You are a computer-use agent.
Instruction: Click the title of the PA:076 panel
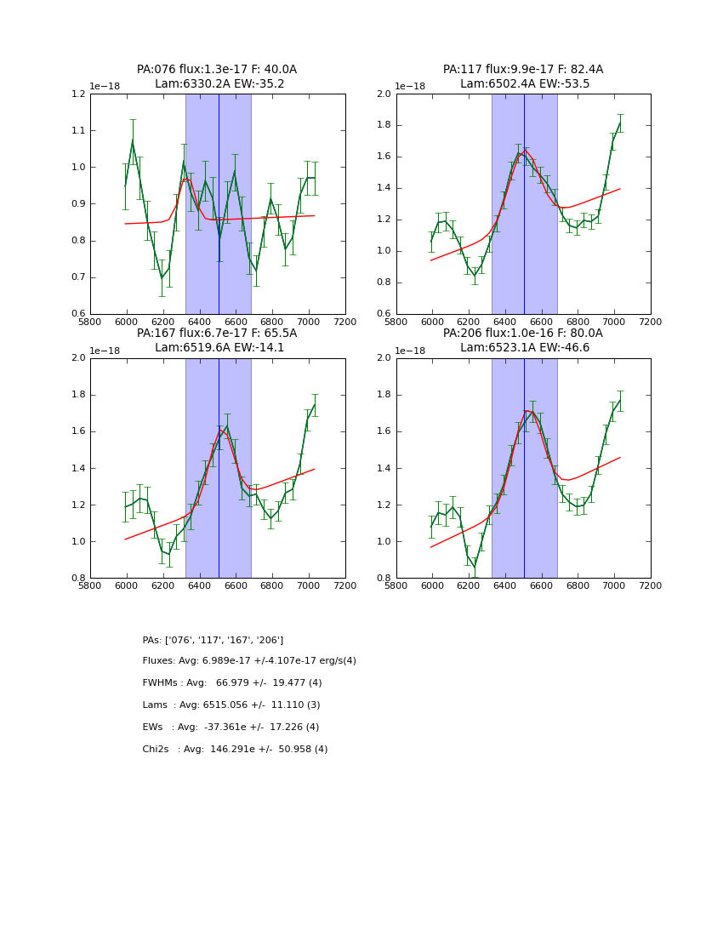coord(217,70)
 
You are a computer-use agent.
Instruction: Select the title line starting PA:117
coord(523,70)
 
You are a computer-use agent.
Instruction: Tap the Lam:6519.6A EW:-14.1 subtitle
coord(219,347)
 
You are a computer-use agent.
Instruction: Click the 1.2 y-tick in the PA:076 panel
coord(78,94)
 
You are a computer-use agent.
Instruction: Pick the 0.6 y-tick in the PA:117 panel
coord(384,314)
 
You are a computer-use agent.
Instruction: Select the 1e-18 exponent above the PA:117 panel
coord(409,86)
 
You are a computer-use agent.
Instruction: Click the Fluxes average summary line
coord(249,661)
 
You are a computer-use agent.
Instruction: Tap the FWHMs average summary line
coord(232,683)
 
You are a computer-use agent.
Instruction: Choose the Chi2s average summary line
coord(235,750)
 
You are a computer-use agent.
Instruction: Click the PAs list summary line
coord(213,640)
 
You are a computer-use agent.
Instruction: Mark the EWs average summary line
coord(231,728)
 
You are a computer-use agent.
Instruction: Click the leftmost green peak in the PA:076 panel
coord(133,141)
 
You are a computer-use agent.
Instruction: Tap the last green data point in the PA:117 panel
coord(620,123)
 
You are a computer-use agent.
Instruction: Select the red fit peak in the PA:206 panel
coord(527,411)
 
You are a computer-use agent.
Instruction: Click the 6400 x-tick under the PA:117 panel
coord(505,322)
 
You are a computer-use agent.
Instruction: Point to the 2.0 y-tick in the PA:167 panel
coord(78,358)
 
